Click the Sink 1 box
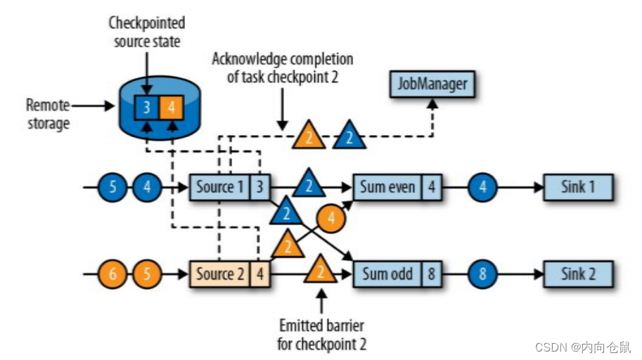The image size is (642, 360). [577, 188]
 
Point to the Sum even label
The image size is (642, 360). [387, 188]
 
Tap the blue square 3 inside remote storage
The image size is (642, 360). [146, 108]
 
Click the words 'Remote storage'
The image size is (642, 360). [48, 115]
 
